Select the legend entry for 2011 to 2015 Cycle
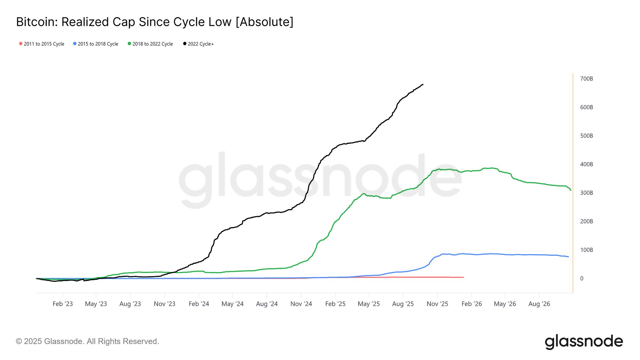tap(42, 44)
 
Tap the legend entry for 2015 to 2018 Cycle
tap(96, 44)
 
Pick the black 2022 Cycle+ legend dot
tap(185, 44)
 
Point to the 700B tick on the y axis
tap(586, 79)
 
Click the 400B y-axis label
tap(586, 164)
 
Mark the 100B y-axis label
tap(586, 250)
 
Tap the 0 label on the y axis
tap(582, 278)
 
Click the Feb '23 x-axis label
tap(63, 304)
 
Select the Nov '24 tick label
tap(301, 304)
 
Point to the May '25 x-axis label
tap(369, 304)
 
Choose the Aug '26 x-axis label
tap(539, 304)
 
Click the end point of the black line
tap(423, 84)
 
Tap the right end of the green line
tap(571, 190)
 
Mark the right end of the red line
tap(463, 277)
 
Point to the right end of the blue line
tap(568, 257)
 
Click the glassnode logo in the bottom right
tap(584, 341)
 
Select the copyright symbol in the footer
tap(19, 341)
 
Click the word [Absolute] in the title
tap(264, 22)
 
